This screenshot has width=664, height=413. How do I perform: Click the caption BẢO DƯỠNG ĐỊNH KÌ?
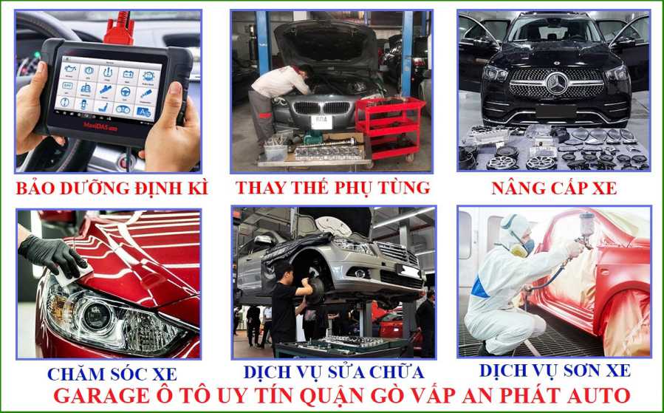tap(112, 188)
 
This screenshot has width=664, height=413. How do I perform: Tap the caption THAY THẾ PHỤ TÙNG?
tap(333, 188)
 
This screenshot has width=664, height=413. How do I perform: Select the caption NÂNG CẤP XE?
tap(554, 188)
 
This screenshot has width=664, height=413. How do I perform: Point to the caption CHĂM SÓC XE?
tap(112, 373)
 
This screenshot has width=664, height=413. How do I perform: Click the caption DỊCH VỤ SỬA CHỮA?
tap(334, 372)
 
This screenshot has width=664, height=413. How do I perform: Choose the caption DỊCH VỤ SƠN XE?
tap(555, 370)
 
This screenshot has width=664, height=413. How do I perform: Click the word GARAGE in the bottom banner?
tap(101, 395)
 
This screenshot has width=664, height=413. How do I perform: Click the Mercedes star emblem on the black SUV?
tap(557, 83)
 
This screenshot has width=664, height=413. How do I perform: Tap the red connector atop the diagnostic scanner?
tap(120, 30)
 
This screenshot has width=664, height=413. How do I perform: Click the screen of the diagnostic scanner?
tap(109, 89)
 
